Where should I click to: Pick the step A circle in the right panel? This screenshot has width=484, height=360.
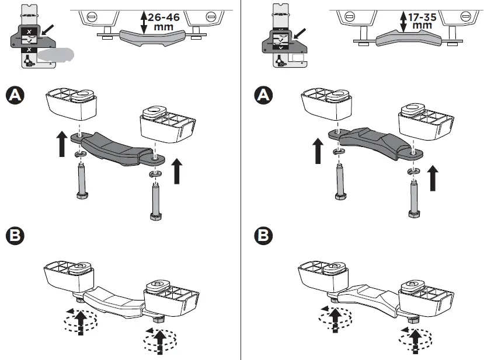point(265,95)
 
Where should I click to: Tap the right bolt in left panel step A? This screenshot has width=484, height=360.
point(155,201)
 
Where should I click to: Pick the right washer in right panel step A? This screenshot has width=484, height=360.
point(414,170)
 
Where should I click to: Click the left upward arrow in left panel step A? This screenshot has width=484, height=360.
point(62,144)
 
